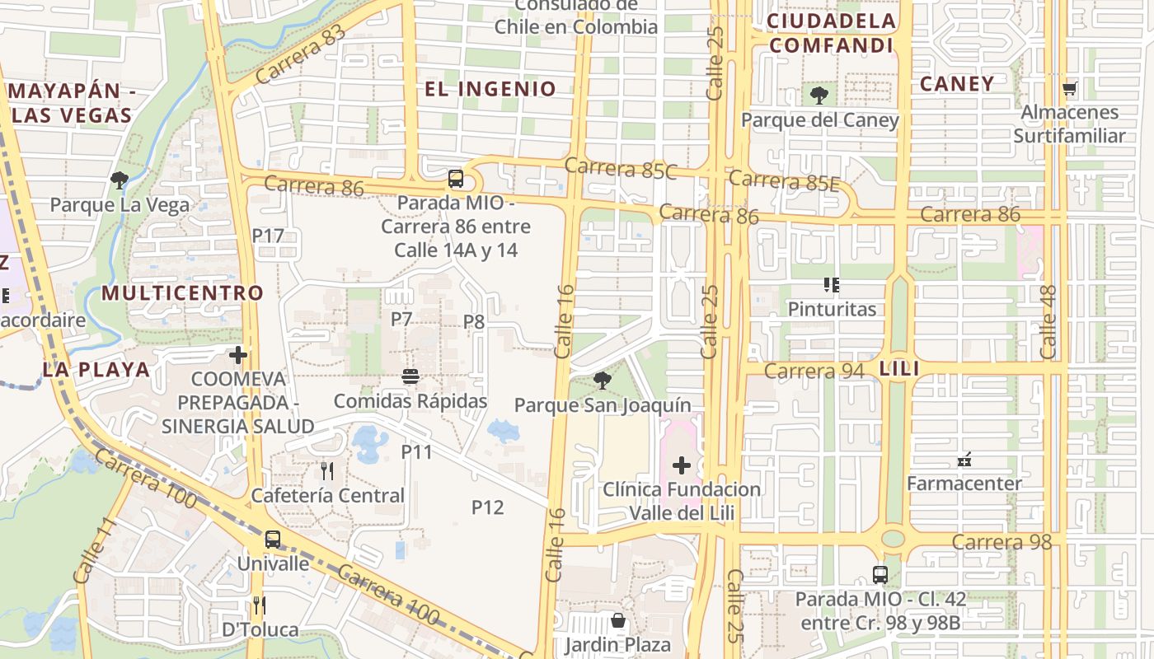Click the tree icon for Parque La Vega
[120, 180]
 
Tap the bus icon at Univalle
[272, 540]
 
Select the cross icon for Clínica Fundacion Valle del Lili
[682, 465]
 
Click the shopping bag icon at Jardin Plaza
[617, 620]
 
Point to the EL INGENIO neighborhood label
[490, 89]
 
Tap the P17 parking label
[268, 236]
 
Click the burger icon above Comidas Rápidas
[410, 376]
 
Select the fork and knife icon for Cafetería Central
[327, 471]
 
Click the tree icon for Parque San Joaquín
[603, 381]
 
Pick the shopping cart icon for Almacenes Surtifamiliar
[1070, 88]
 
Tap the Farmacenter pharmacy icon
[964, 459]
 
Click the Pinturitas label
[832, 309]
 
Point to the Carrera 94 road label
[814, 371]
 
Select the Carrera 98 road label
[1002, 542]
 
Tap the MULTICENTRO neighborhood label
[182, 292]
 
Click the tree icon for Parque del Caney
[819, 96]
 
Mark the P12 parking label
[487, 507]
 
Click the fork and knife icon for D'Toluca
[260, 605]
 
